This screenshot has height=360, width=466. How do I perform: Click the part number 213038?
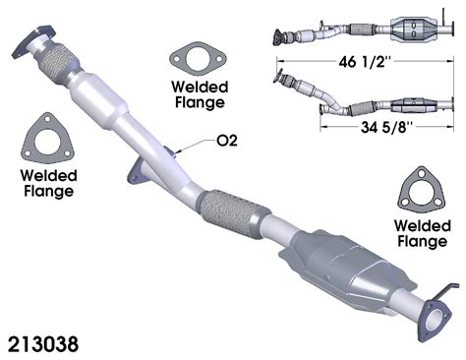(43, 344)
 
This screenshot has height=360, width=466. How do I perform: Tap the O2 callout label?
(227, 141)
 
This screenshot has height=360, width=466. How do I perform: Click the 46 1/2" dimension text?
(366, 61)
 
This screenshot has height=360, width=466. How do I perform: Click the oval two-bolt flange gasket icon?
(198, 59)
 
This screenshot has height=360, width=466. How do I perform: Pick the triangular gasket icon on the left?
(46, 139)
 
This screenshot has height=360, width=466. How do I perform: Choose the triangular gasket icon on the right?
(421, 189)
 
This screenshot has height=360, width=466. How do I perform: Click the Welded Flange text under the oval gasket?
(200, 94)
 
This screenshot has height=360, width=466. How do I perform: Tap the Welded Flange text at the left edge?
(48, 183)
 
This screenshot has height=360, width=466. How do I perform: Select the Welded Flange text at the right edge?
(423, 233)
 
